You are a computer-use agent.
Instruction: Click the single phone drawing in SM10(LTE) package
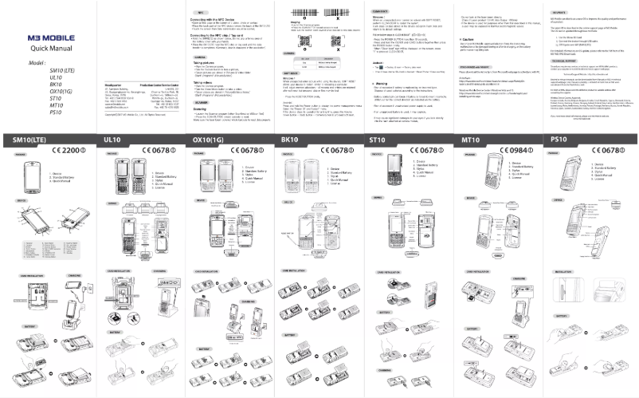[33, 175]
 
